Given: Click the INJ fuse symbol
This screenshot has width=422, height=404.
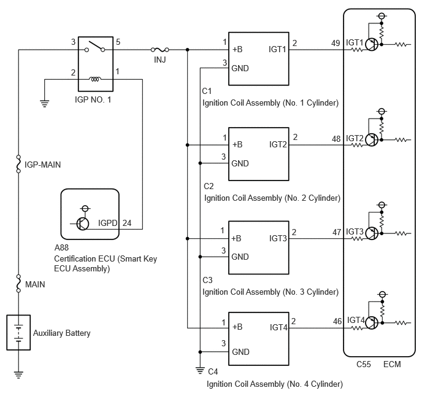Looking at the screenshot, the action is pyautogui.click(x=160, y=50).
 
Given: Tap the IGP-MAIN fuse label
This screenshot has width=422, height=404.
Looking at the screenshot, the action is pyautogui.click(x=42, y=165).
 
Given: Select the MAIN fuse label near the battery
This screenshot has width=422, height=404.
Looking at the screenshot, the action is pyautogui.click(x=35, y=284).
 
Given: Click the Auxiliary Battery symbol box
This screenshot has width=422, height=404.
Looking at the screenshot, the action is pyautogui.click(x=18, y=332).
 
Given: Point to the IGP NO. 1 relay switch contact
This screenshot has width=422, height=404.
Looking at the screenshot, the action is pyautogui.click(x=94, y=47).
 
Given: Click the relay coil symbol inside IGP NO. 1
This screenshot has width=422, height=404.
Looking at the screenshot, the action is pyautogui.click(x=95, y=79).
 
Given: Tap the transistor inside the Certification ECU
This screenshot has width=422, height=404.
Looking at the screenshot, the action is pyautogui.click(x=82, y=223).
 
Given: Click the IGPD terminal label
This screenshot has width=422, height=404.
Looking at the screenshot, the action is pyautogui.click(x=108, y=223).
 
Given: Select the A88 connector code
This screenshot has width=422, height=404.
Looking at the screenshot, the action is pyautogui.click(x=61, y=247).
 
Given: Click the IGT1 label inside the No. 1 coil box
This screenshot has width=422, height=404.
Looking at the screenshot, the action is pyautogui.click(x=277, y=49).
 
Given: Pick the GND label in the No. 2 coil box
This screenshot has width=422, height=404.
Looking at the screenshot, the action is pyautogui.click(x=240, y=163).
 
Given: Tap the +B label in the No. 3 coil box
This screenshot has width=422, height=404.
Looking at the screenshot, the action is pyautogui.click(x=236, y=238).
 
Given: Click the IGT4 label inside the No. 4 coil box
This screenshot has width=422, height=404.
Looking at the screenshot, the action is pyautogui.click(x=278, y=327).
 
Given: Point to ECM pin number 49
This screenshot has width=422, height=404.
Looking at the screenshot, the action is pyautogui.click(x=336, y=43).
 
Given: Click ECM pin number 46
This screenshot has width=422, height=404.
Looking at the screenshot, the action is pyautogui.click(x=337, y=321).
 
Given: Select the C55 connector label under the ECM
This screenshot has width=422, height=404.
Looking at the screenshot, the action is pyautogui.click(x=364, y=364).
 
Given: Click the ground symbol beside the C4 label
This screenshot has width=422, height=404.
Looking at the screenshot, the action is pyautogui.click(x=200, y=371).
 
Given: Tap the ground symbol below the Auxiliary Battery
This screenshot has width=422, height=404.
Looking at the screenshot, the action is pyautogui.click(x=18, y=375).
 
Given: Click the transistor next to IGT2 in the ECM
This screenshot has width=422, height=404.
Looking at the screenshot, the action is pyautogui.click(x=372, y=140).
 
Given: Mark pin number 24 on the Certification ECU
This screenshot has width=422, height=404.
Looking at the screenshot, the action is pyautogui.click(x=127, y=223).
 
